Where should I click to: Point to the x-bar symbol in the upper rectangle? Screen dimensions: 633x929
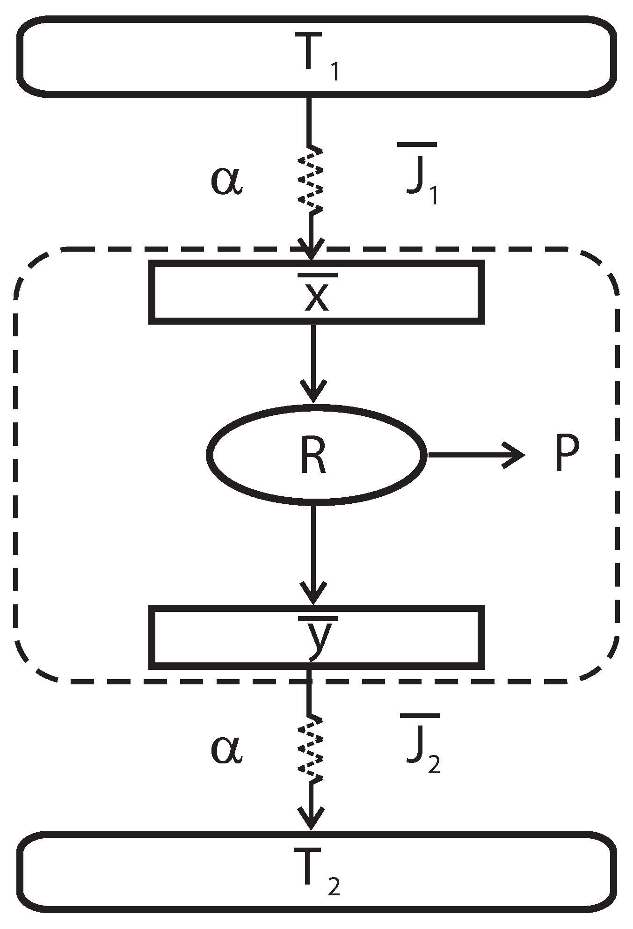click(x=316, y=293)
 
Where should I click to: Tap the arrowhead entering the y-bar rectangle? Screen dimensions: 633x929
click(x=313, y=596)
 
